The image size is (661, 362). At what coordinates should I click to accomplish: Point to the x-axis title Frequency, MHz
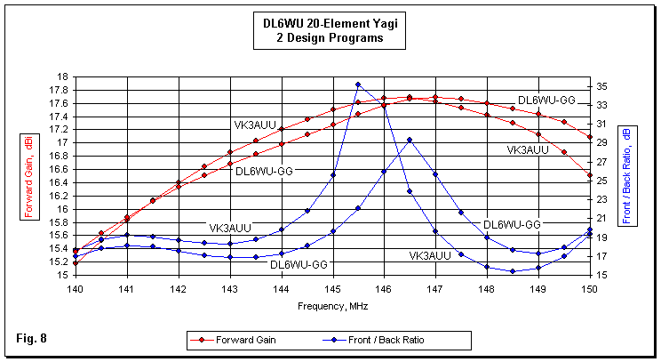(x=333, y=305)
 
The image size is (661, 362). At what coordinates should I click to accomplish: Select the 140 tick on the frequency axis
(x=75, y=290)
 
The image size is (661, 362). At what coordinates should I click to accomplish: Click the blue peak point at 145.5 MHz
(x=358, y=84)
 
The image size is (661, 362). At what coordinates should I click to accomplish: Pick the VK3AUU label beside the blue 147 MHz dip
(x=430, y=256)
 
